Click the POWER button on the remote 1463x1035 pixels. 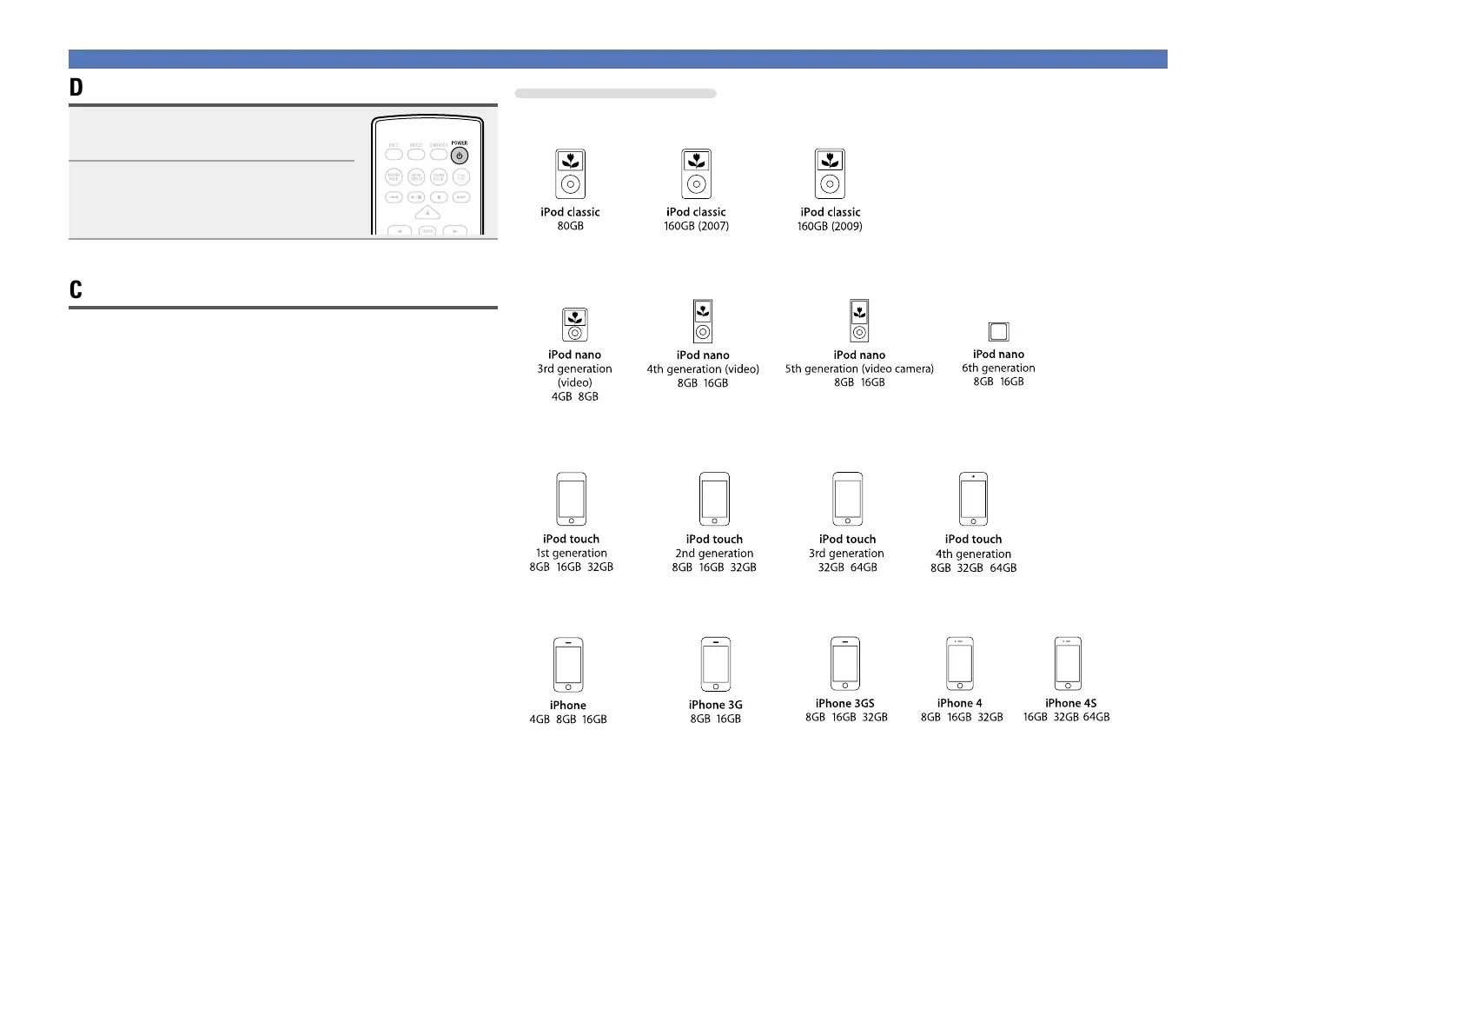(x=460, y=156)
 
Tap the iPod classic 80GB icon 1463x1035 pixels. (x=570, y=174)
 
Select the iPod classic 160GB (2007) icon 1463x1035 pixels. (x=696, y=174)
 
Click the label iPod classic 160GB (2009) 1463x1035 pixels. (x=830, y=219)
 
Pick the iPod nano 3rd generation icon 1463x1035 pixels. (x=574, y=325)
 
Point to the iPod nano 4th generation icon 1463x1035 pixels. (x=703, y=322)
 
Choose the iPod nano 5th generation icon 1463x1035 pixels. (x=859, y=321)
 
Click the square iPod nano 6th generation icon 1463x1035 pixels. (x=998, y=331)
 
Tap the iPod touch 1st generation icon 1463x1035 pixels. (x=571, y=499)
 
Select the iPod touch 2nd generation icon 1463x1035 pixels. (x=714, y=499)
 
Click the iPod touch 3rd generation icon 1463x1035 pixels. (x=847, y=499)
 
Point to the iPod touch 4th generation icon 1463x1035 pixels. (x=973, y=499)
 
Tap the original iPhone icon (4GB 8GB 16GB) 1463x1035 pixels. (x=568, y=665)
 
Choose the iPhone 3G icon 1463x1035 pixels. (x=716, y=665)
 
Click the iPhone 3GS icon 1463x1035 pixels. (x=844, y=664)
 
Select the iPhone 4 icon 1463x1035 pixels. (x=959, y=664)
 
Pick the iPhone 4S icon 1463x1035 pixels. (x=1068, y=664)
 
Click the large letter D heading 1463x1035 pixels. (x=76, y=88)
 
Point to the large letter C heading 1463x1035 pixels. (x=76, y=290)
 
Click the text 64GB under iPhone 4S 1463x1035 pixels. (x=1096, y=717)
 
